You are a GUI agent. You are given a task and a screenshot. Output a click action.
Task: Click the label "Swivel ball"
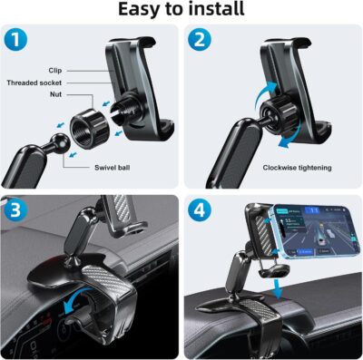113,168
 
